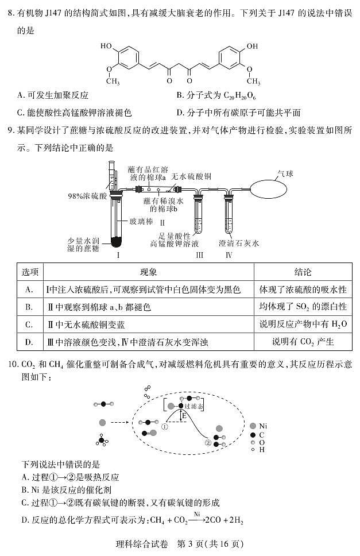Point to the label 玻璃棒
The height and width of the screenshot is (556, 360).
(141, 219)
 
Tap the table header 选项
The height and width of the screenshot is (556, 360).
(28, 272)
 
